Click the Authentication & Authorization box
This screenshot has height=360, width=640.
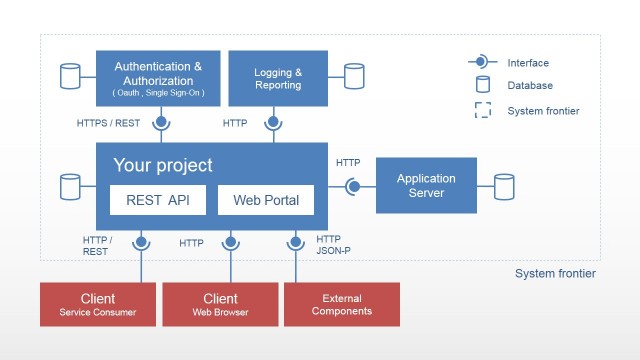point(158,78)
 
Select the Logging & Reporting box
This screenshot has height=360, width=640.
point(277,78)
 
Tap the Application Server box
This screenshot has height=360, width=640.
point(426,186)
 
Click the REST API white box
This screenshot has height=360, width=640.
point(158,200)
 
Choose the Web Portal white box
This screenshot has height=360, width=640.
point(265,200)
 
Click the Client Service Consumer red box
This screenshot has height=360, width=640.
point(98,304)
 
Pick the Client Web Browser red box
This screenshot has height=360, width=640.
point(220,304)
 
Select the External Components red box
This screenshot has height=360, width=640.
point(341,304)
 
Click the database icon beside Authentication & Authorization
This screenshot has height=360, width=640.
point(70,76)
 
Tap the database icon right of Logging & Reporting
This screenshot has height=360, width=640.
point(354,76)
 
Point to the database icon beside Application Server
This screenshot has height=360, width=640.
point(503,186)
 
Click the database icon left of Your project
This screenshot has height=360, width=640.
point(70,186)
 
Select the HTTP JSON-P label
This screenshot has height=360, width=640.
point(329,245)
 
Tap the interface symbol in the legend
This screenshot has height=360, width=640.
point(483,62)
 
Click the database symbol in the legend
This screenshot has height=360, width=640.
point(483,85)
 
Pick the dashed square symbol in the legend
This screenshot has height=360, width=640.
point(483,110)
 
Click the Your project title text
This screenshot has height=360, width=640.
point(163,165)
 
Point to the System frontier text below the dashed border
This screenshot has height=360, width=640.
point(555,274)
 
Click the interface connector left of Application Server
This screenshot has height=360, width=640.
point(353,186)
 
